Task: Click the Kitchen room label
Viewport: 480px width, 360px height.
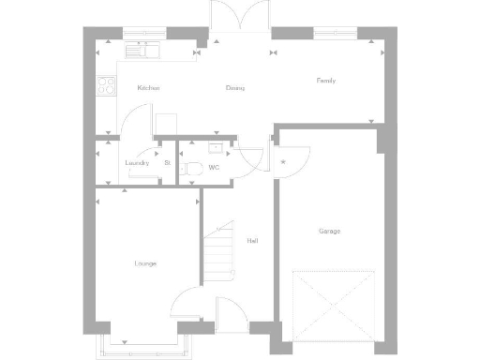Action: pos(148,88)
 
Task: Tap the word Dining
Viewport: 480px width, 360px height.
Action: pos(234,88)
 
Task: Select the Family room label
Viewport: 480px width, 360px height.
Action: pos(325,81)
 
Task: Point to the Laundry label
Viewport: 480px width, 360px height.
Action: pos(137,163)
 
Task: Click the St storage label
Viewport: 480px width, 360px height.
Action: pos(167,163)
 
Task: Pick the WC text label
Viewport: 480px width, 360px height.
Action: pos(214,168)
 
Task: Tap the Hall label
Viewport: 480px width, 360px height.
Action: pos(252,241)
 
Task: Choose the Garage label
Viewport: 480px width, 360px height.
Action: pos(329,231)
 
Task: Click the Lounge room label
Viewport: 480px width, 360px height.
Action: pos(145,263)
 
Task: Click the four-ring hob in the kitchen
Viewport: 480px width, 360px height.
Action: pos(105,86)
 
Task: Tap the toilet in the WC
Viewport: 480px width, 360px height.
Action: pos(192,169)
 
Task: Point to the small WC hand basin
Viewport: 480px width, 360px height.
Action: pos(217,147)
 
